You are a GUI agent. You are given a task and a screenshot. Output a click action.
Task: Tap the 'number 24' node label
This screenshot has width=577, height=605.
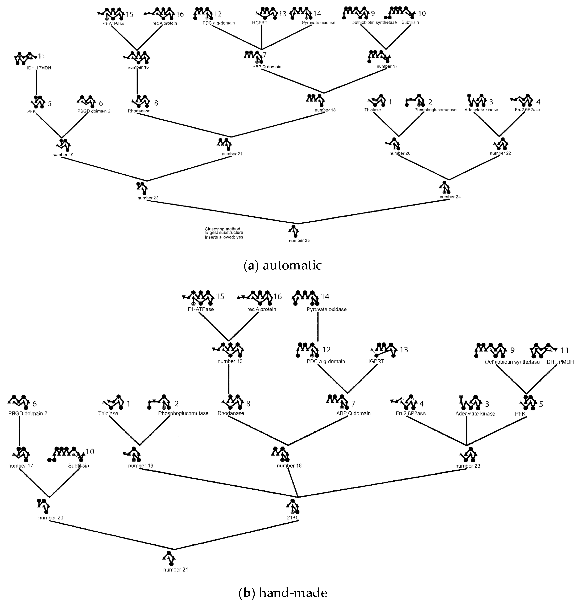450,197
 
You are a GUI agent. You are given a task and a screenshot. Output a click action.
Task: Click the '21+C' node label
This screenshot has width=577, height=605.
293,518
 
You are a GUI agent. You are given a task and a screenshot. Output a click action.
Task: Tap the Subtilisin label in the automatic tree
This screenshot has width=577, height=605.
410,22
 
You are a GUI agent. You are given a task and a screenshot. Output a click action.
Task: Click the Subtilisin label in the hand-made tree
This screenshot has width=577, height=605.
78,466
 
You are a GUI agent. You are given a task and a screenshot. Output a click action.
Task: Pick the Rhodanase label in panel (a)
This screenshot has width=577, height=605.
139,111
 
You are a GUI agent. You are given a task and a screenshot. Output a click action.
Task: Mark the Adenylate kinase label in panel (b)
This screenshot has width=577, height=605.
475,414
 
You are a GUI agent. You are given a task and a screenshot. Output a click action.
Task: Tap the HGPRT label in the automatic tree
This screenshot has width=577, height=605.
260,23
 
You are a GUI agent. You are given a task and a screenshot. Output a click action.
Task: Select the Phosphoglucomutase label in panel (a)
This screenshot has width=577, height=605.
435,110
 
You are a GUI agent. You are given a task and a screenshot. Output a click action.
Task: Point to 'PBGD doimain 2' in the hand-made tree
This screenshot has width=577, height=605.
28,413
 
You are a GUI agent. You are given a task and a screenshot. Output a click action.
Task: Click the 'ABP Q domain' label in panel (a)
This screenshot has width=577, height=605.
267,67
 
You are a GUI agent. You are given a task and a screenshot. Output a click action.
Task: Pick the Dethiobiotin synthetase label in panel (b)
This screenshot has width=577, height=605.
512,362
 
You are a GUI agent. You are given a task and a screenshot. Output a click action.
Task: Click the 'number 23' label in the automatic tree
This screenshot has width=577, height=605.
148,198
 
